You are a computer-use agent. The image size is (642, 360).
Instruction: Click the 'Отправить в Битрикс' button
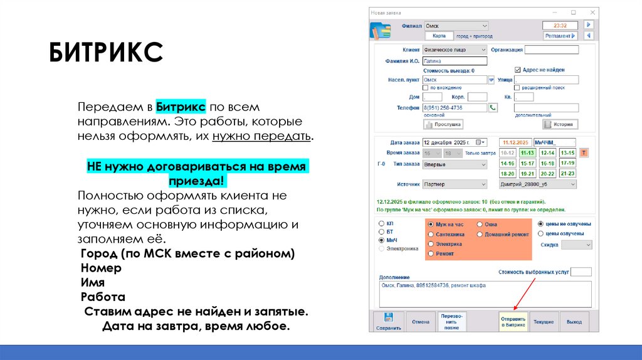tap(513, 322)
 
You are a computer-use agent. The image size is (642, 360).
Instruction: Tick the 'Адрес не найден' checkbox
tap(518, 70)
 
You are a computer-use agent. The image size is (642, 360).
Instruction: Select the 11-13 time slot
tap(527, 153)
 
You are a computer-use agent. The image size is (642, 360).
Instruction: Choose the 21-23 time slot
tap(567, 174)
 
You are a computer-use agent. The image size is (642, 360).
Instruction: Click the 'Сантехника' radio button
tap(431, 234)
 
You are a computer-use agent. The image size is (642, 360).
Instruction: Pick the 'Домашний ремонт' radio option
tap(480, 234)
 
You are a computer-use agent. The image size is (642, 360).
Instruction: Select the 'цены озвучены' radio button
tap(541, 233)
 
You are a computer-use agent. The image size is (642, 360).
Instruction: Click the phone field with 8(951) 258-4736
tap(455, 108)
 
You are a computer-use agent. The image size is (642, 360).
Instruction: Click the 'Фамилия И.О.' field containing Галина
tap(455, 61)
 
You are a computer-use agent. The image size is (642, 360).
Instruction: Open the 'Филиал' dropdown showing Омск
tap(456, 26)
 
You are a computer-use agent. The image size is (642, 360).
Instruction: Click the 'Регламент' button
tap(560, 36)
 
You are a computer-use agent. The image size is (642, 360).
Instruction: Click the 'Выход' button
tap(574, 322)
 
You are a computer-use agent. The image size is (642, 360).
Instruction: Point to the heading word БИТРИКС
tap(107, 53)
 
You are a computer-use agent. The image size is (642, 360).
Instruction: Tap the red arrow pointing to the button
tap(525, 293)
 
